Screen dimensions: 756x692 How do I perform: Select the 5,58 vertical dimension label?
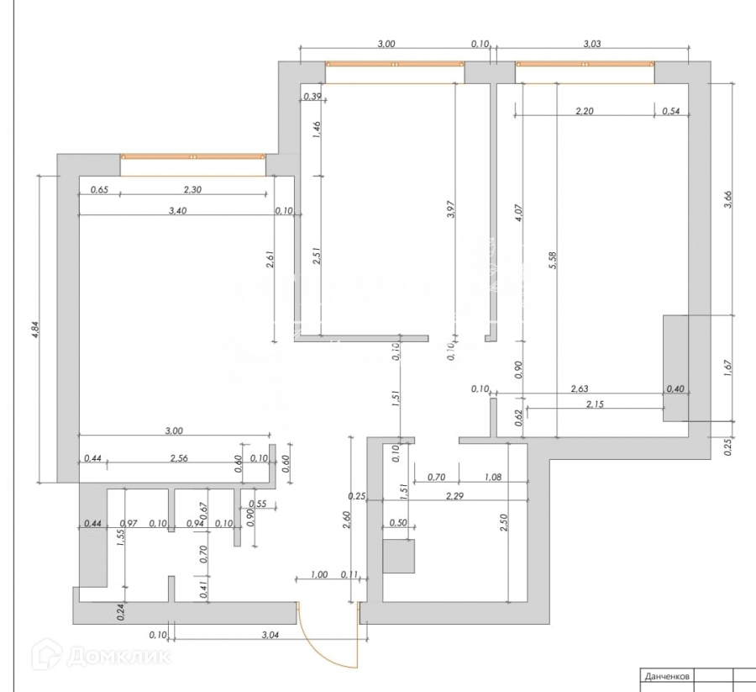552,261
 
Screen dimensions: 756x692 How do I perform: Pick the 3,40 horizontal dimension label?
179,211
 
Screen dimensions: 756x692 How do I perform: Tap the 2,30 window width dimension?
192,190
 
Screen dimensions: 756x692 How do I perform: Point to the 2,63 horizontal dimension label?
580,388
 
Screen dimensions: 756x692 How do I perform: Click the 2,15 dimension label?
592,404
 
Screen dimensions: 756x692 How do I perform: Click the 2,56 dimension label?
179,458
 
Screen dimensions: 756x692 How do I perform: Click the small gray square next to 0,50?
399,556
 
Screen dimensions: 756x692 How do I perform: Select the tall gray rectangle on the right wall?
675,367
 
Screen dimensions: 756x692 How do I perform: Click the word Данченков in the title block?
667,675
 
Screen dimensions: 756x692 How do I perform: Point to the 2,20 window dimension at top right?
585,110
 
